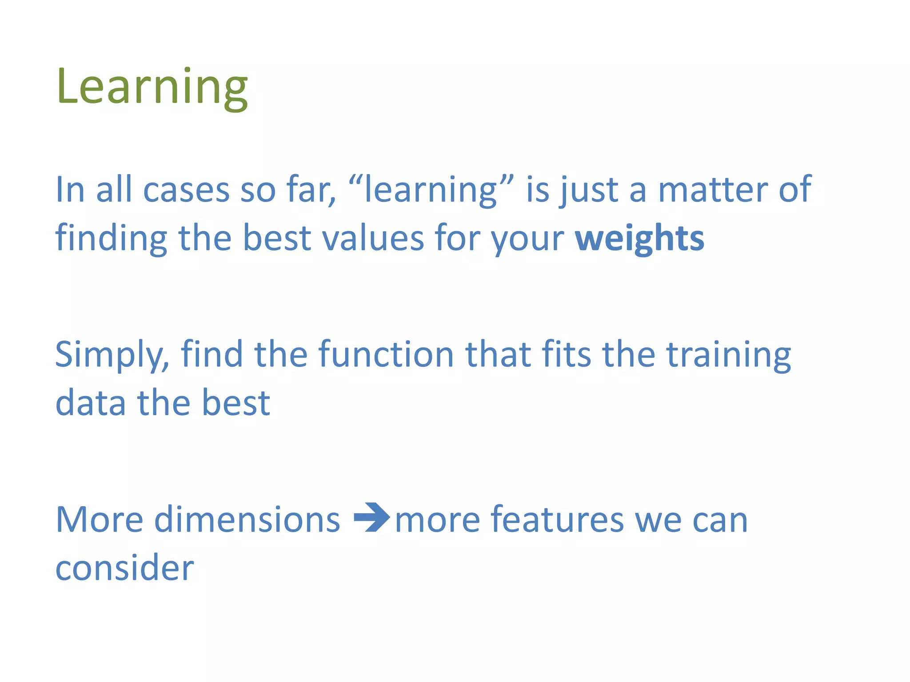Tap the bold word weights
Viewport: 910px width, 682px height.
click(639, 238)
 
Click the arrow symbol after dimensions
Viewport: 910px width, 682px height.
click(371, 517)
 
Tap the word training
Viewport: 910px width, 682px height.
click(728, 355)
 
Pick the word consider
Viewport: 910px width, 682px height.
click(124, 568)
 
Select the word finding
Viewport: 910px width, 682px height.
click(111, 238)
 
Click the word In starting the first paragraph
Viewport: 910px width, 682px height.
click(70, 190)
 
